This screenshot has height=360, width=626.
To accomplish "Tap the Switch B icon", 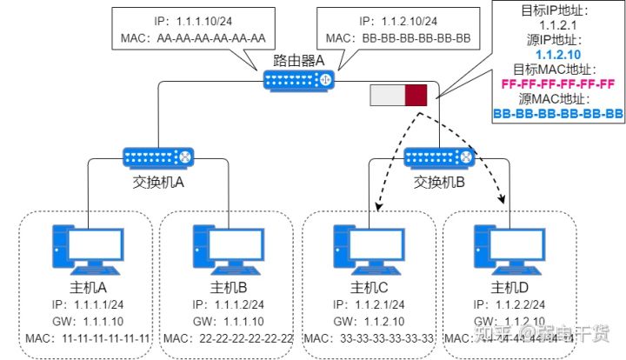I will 440,157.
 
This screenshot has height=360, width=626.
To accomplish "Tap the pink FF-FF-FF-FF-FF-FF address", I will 558,84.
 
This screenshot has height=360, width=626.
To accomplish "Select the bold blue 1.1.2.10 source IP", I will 558,55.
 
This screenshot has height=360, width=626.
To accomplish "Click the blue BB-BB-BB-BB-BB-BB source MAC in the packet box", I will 558,114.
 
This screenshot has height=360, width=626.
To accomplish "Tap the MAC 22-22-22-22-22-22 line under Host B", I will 228,337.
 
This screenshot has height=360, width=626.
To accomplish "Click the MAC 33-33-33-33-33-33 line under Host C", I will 370,337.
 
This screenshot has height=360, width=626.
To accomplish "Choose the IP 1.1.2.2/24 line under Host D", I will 509,304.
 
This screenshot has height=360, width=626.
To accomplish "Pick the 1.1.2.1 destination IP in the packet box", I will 558,26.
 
